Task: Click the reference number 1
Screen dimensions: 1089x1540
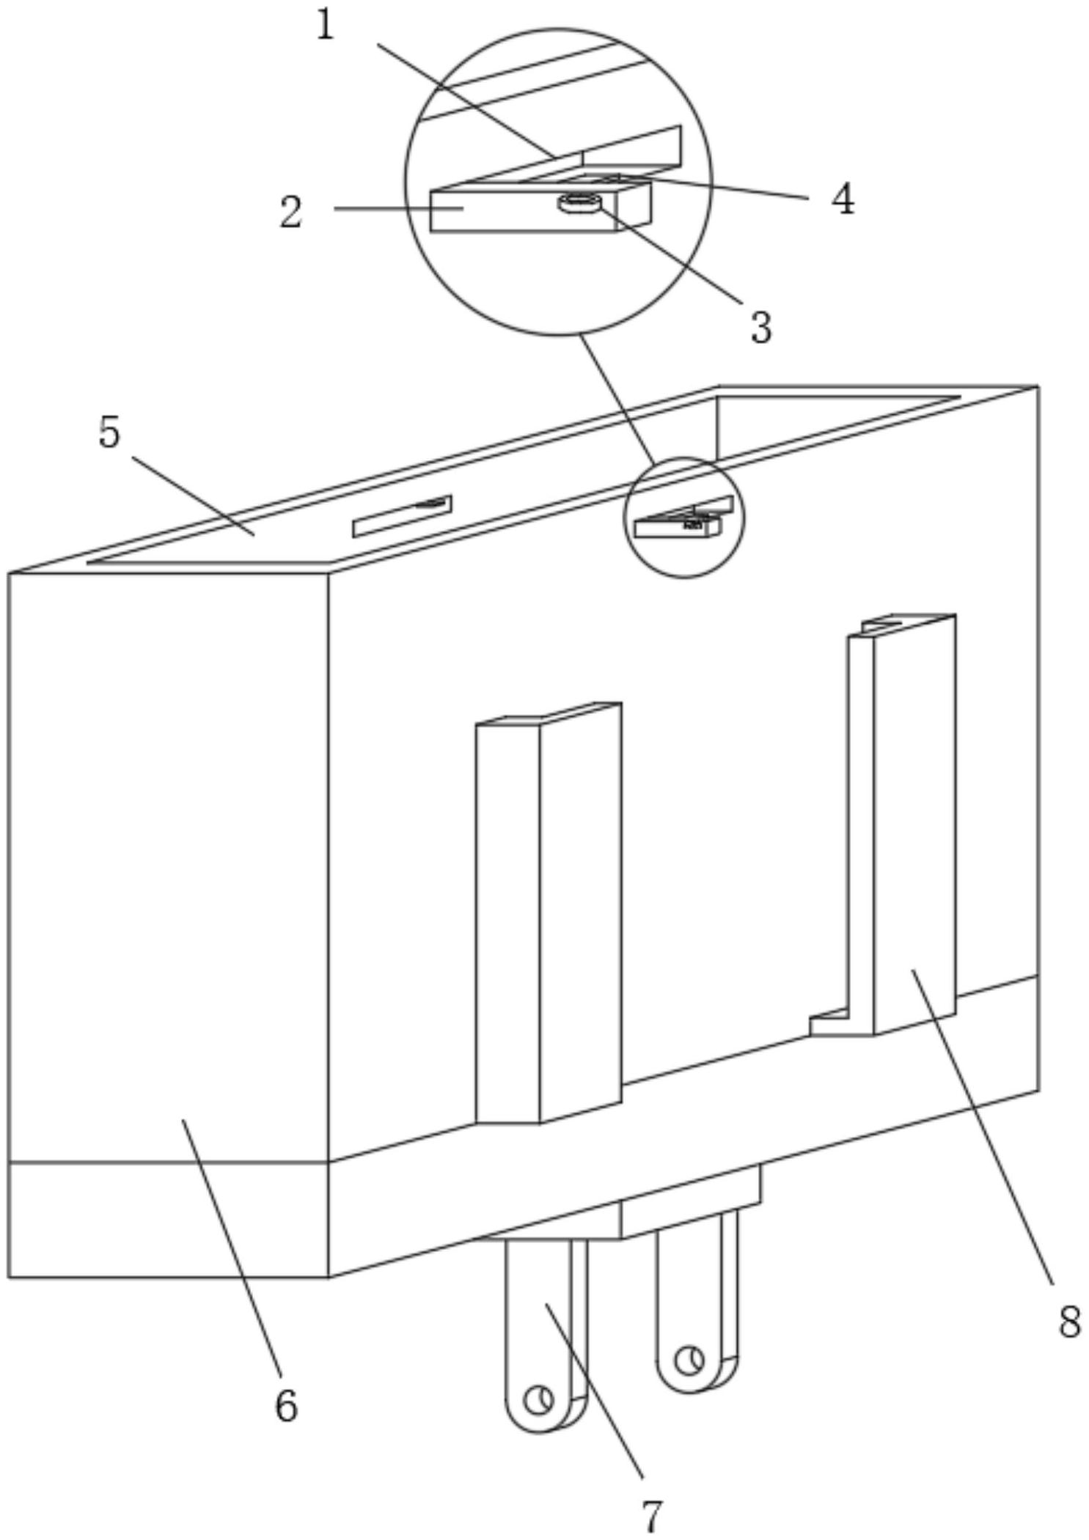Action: (325, 27)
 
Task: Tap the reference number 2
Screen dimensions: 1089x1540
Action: (291, 213)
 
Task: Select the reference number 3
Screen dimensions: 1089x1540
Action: (761, 327)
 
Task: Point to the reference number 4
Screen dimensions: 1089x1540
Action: (843, 199)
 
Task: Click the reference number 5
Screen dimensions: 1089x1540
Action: (109, 432)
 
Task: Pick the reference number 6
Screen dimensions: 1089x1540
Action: (286, 1406)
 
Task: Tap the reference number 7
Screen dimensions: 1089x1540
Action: (651, 1516)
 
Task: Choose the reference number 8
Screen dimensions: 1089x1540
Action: (1069, 1323)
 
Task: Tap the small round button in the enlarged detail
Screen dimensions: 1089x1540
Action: (579, 203)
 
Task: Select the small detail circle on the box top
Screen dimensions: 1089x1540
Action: (683, 517)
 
